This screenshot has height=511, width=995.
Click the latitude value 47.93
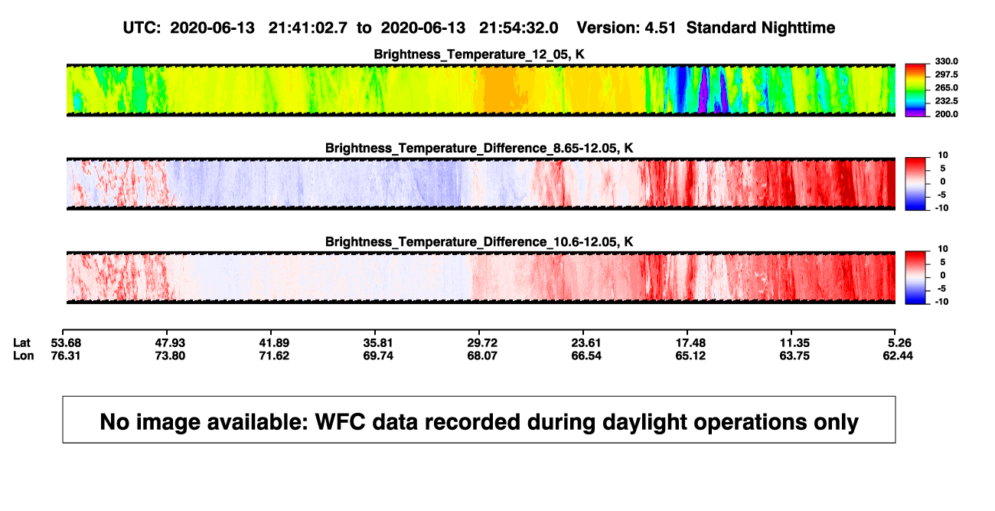(x=170, y=343)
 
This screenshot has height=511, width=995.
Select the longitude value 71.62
(x=274, y=355)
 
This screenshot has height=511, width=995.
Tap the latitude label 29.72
(x=482, y=343)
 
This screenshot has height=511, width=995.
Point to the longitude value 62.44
(x=898, y=355)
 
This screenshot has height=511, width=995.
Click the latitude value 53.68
(x=66, y=343)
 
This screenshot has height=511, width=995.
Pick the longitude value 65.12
(x=690, y=355)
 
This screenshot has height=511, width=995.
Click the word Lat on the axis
(x=21, y=343)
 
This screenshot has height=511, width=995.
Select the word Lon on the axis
(x=23, y=355)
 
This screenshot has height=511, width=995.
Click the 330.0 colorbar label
(x=946, y=61)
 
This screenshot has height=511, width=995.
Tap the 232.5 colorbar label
(x=946, y=101)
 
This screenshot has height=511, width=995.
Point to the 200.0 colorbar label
(x=946, y=114)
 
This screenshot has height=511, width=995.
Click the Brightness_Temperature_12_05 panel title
(x=479, y=54)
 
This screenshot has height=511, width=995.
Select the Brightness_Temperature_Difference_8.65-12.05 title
(x=479, y=148)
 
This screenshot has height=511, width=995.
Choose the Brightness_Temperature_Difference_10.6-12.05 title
(x=479, y=242)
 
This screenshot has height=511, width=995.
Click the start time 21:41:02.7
(x=308, y=28)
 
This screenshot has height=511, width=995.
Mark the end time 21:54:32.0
(x=518, y=28)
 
